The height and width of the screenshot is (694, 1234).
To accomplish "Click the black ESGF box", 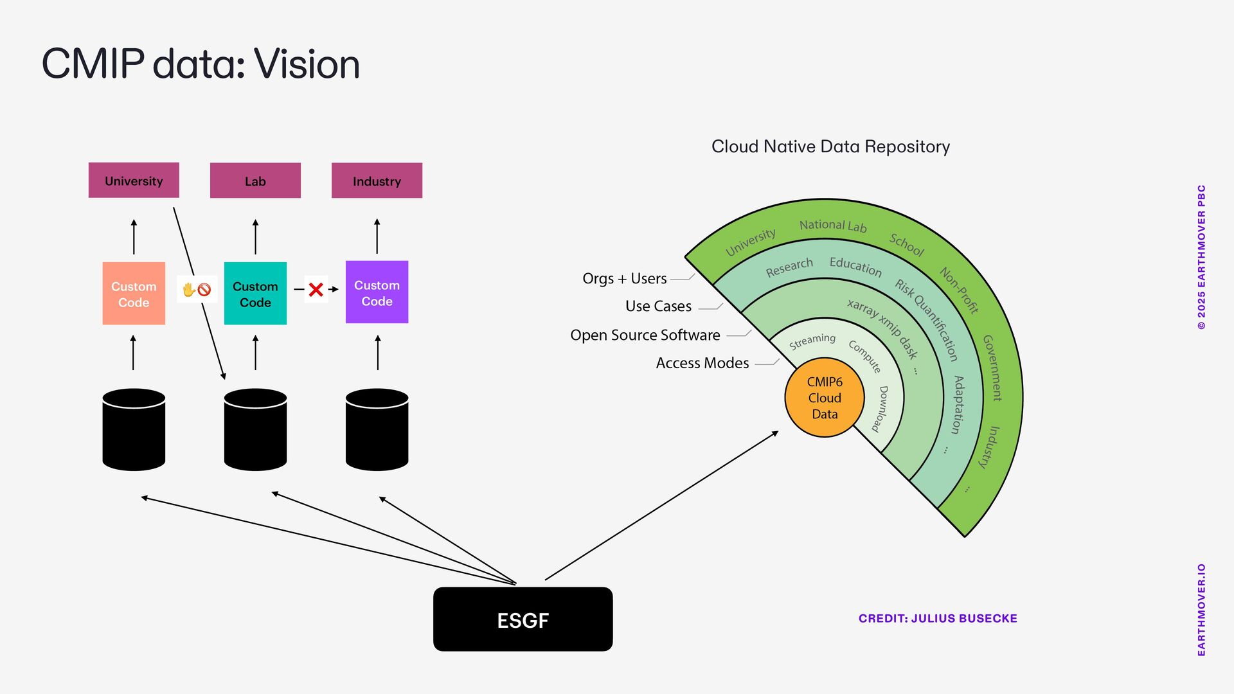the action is coord(523,619).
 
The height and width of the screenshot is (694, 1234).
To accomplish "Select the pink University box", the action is coord(134,180).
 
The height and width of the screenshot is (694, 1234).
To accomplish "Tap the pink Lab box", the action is coord(255,180).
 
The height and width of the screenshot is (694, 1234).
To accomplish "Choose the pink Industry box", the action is coord(377,180).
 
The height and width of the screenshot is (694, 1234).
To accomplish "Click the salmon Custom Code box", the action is coord(134,293).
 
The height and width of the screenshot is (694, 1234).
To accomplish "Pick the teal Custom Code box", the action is coord(255,293).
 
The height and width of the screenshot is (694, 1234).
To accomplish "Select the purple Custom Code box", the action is coord(377,292).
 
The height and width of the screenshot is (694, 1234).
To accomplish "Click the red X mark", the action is coord(316,289).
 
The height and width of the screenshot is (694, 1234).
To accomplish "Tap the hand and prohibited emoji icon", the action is coord(197,289).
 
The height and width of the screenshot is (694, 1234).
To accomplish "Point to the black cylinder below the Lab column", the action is coord(255,429).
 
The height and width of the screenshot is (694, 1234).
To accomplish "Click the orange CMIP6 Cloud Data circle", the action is coord(825,398).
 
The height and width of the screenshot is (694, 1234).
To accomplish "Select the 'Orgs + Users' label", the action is coord(624,278).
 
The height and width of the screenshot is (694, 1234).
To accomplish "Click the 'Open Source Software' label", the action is coord(645,335).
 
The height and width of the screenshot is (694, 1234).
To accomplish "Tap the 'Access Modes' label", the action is coord(702,363).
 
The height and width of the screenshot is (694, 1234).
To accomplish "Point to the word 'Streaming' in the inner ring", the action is coord(812,341).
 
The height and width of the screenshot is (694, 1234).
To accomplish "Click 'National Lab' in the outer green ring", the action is coord(833,226).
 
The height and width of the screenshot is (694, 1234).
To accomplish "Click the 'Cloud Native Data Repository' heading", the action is coord(830,147).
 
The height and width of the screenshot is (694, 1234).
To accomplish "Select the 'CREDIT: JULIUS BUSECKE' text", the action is coord(938,618).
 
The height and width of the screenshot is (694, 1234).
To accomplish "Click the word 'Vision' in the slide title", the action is coord(307,64).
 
